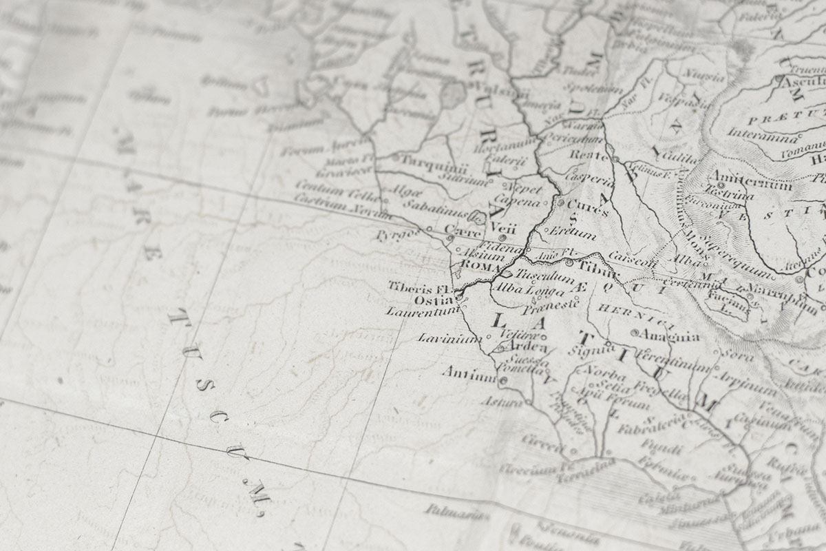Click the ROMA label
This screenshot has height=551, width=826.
tap(480, 265)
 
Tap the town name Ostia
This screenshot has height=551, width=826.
tap(433, 300)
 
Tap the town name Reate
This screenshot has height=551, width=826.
tap(588, 155)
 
